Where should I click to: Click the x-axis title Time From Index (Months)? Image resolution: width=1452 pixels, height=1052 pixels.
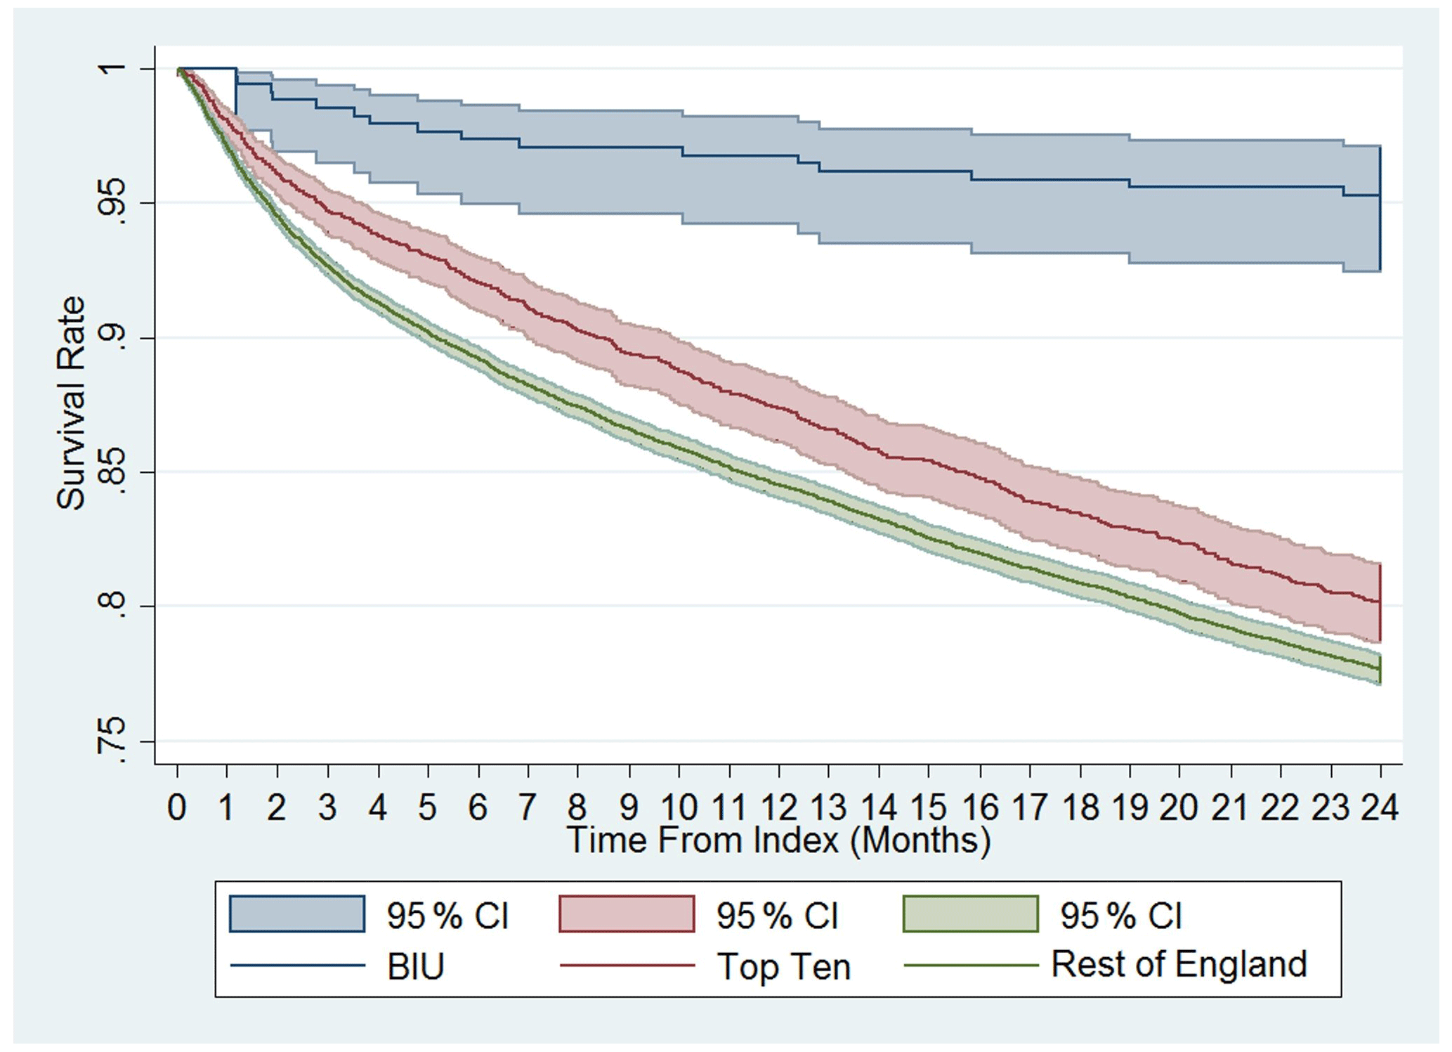point(778,840)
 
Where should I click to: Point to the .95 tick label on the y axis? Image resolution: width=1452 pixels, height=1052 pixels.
point(112,202)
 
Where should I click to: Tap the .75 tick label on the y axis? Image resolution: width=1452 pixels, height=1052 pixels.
point(112,741)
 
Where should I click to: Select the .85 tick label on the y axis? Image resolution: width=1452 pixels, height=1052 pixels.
point(112,472)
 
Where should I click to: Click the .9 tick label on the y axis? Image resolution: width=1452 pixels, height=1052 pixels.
point(112,338)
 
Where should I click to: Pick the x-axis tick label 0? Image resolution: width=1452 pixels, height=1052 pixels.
point(177,807)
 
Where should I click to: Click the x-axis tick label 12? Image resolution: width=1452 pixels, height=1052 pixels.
point(778,807)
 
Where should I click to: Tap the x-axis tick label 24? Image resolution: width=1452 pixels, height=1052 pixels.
point(1380,807)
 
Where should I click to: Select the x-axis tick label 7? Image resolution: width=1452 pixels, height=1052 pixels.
point(528,807)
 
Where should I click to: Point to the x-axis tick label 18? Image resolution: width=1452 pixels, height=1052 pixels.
point(1080,807)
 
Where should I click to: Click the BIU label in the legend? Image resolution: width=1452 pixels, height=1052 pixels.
point(416,967)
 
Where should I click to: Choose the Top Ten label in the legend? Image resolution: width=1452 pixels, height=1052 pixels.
point(783,967)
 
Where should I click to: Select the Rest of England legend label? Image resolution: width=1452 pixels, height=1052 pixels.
point(1179,964)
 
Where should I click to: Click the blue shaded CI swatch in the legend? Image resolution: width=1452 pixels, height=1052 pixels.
point(297,914)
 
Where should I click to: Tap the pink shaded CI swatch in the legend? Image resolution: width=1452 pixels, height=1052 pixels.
point(627,914)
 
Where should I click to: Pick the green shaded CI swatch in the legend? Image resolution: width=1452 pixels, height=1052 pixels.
point(970,914)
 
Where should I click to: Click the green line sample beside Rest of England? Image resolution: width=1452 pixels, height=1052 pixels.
point(970,966)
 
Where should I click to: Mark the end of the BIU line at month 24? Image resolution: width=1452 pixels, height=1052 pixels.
point(1380,195)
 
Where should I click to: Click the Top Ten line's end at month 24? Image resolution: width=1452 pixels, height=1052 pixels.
point(1380,602)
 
